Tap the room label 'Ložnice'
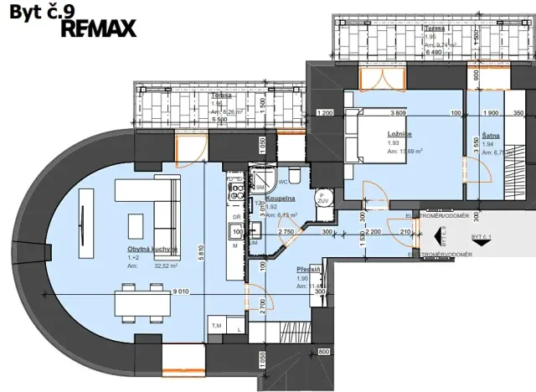(x=397, y=133)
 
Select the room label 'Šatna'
(x=491, y=135)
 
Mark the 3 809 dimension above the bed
(x=398, y=113)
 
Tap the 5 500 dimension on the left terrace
(x=219, y=120)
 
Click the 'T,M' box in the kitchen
(x=215, y=325)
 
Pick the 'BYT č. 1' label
(x=482, y=238)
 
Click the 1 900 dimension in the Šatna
(x=491, y=113)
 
